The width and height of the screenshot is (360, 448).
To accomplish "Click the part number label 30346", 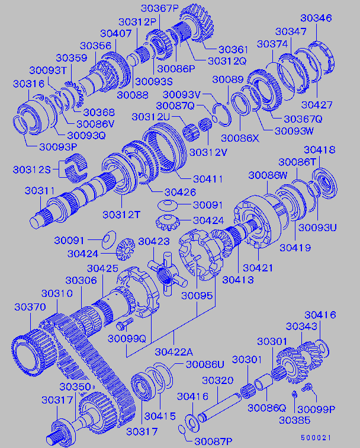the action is [x=316, y=18].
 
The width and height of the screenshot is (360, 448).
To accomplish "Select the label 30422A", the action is [x=174, y=352].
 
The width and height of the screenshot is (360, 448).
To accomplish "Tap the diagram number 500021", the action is [x=316, y=438].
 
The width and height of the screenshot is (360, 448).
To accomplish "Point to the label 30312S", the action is [x=32, y=169].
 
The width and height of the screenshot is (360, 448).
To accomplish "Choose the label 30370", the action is [x=30, y=307].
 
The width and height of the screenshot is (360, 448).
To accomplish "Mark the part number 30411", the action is [x=208, y=179].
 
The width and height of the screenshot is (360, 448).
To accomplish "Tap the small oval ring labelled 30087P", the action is [x=182, y=429].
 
